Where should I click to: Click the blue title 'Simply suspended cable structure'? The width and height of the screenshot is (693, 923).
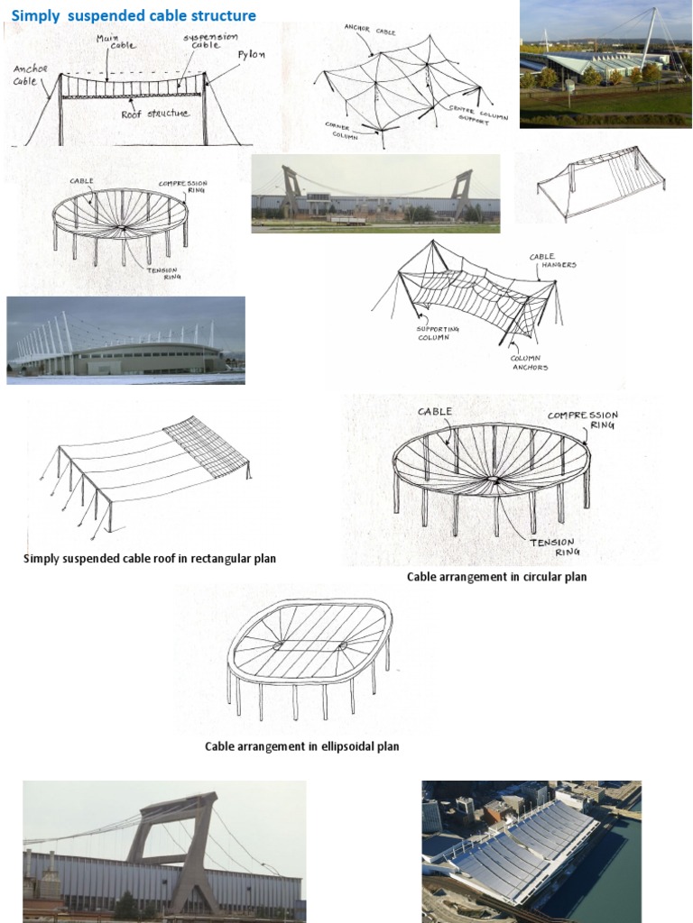click(134, 16)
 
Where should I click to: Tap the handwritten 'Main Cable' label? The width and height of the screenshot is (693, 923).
click(108, 41)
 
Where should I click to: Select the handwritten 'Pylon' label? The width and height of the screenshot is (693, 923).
click(251, 54)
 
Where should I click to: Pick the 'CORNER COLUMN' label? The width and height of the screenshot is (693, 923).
click(338, 131)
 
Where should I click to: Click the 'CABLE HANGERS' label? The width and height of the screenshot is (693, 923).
click(552, 260)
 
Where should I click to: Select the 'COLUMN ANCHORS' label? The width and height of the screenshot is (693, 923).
click(529, 362)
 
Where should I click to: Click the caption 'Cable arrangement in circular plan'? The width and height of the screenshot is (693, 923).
click(496, 577)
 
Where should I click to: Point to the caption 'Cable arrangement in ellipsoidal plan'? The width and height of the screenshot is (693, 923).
click(301, 746)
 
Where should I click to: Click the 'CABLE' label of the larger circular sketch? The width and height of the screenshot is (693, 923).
click(434, 412)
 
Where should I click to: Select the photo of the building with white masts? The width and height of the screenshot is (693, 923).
click(125, 341)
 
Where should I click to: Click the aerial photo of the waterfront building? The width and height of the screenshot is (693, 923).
click(531, 851)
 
